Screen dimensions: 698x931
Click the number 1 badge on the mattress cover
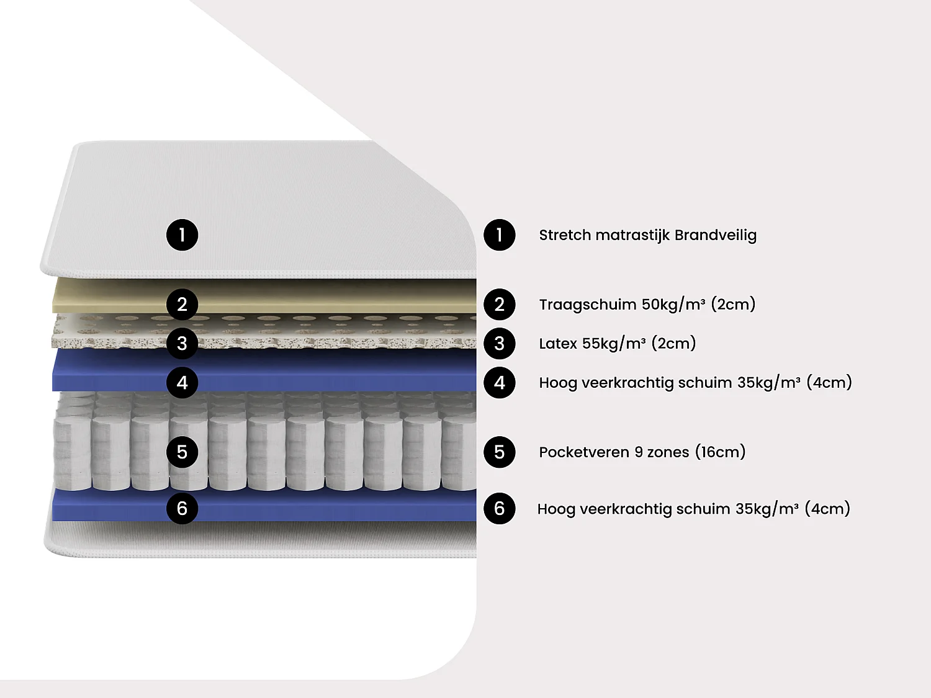(182, 235)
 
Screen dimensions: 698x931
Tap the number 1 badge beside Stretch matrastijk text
(500, 235)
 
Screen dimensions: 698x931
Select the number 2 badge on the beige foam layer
(182, 305)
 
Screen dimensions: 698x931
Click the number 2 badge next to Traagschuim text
(500, 305)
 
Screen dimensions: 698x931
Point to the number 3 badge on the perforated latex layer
(182, 344)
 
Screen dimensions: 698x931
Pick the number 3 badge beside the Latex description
(500, 344)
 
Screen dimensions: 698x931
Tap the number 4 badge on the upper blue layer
(182, 383)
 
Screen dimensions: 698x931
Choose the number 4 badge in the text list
(500, 383)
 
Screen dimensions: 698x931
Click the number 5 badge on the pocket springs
(182, 452)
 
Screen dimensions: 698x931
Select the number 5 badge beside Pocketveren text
(500, 452)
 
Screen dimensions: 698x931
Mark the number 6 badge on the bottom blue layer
(182, 509)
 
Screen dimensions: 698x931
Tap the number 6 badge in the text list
(500, 509)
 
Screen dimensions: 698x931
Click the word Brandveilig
(715, 235)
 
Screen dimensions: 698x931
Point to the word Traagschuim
(587, 305)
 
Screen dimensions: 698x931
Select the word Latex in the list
(557, 344)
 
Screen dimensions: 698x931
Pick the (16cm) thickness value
(720, 452)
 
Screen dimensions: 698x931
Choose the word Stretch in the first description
(564, 235)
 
